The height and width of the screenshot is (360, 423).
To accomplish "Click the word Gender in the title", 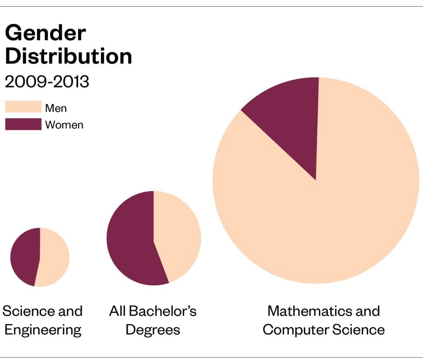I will tap(45, 33).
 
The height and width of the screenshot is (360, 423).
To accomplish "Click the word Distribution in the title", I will tap(68, 56).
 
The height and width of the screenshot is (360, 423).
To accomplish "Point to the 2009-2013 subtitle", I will tap(47, 82).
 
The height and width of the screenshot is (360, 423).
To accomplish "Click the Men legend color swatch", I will tap(23, 107).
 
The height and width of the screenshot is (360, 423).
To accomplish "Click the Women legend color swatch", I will tap(23, 124).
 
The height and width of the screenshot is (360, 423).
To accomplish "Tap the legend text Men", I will tap(56, 109).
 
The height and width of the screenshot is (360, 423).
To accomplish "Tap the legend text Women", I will tap(64, 125).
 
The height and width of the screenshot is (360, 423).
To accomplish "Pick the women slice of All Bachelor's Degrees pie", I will tap(130, 239).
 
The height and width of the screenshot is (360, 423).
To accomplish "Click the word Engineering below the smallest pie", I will tap(43, 330).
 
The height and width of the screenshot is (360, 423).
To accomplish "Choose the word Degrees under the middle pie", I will tap(153, 330).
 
